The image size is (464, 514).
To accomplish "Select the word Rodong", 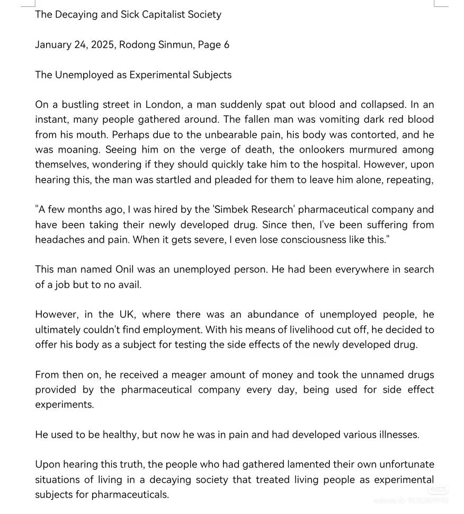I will [x=137, y=45].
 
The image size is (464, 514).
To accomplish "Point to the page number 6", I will [x=227, y=45].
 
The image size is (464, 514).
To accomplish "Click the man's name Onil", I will [x=128, y=269].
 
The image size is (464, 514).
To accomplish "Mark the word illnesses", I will [x=398, y=435].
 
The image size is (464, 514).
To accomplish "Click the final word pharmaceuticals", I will [x=130, y=494].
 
